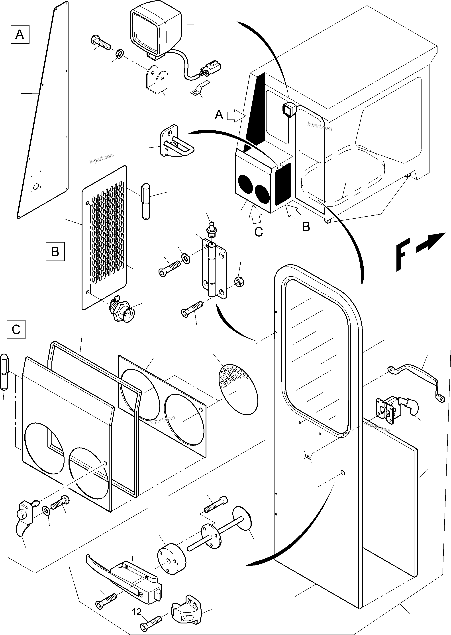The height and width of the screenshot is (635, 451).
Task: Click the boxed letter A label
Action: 20,34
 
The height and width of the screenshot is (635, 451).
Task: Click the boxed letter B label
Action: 55,251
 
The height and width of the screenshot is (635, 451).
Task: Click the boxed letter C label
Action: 16,329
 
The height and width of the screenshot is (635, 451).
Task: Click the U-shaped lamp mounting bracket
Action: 157,80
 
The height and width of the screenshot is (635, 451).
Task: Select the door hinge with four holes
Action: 214,270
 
